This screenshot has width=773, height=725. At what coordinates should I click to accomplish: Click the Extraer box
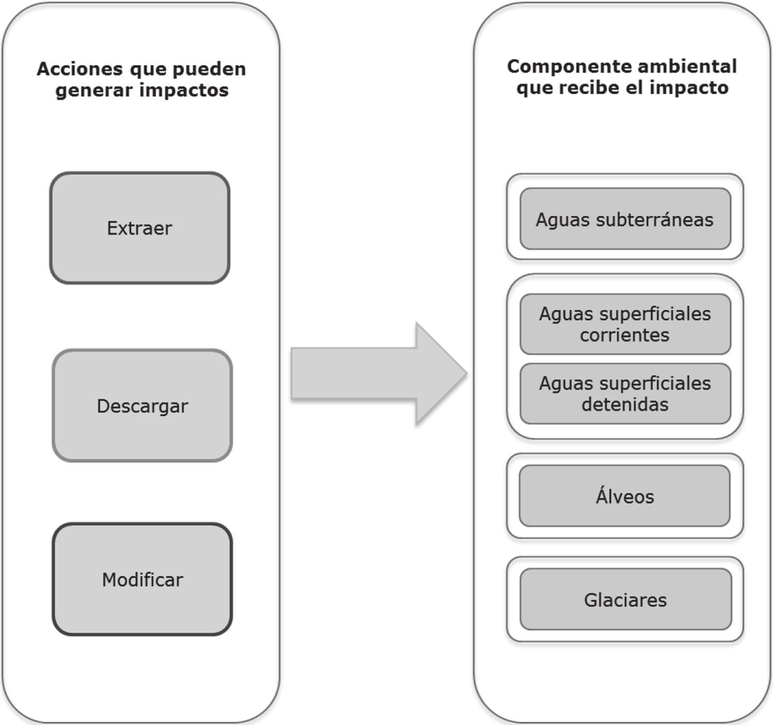[x=140, y=228]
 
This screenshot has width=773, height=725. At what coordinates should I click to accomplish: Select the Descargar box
[x=142, y=406]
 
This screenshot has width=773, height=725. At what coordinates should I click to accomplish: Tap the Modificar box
[x=142, y=579]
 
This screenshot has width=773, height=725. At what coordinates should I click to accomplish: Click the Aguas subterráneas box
[x=625, y=219]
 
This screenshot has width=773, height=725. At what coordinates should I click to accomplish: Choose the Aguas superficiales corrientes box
[x=625, y=324]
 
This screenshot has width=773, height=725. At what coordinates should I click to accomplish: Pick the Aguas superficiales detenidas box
[x=625, y=394]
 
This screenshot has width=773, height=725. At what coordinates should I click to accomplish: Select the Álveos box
[x=625, y=496]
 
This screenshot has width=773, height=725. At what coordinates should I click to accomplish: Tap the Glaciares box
[x=626, y=599]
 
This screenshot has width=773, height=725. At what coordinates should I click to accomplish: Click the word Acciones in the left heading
[x=80, y=69]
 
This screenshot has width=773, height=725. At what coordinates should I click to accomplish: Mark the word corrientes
[x=625, y=335]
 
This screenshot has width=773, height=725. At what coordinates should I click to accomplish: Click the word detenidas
[x=625, y=405]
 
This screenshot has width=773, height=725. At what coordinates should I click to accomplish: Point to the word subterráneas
[x=654, y=220]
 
